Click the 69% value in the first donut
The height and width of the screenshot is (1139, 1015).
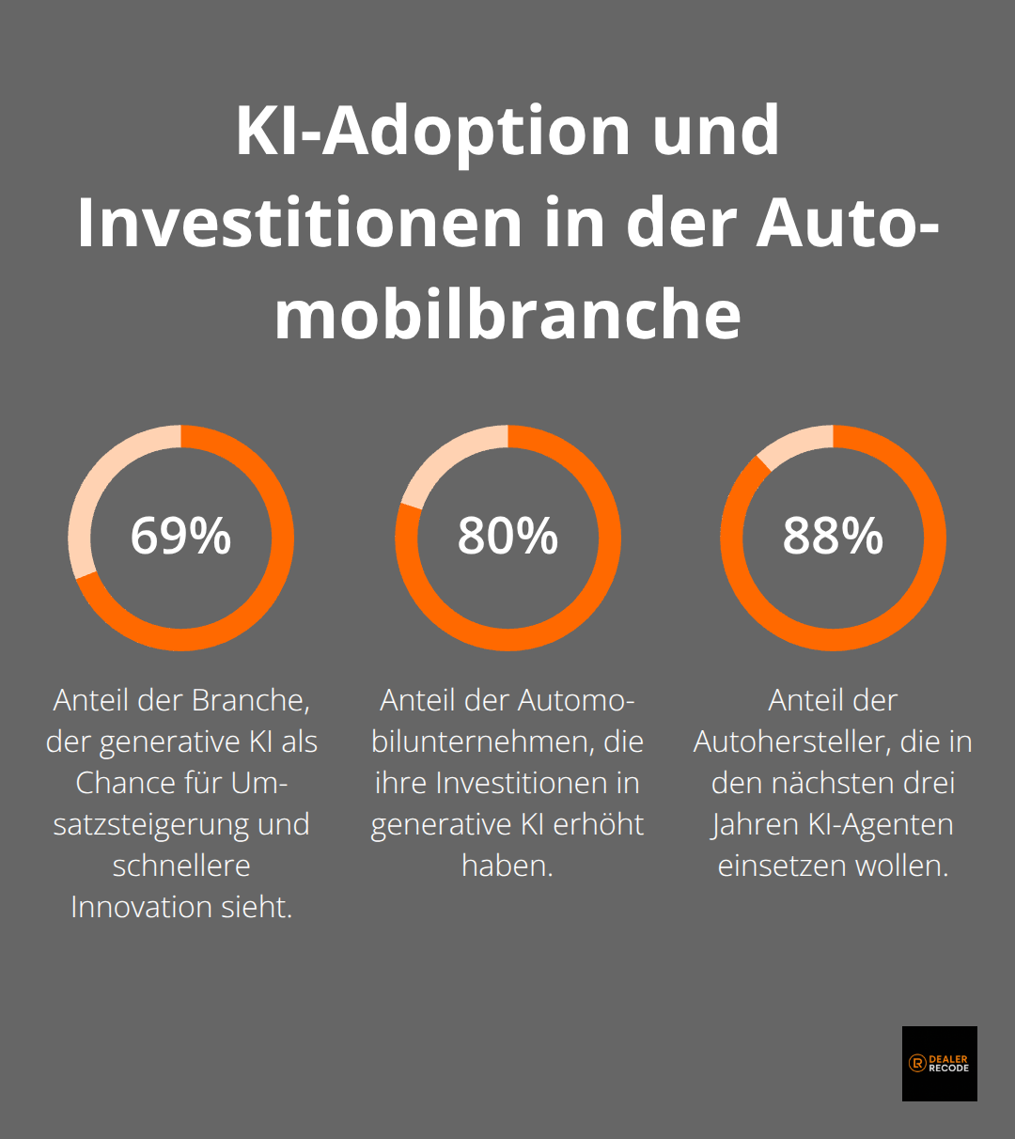coord(180,536)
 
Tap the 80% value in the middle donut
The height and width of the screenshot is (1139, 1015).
coord(507,536)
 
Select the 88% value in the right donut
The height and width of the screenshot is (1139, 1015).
coord(833,536)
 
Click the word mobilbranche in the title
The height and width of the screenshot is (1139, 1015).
coord(507,314)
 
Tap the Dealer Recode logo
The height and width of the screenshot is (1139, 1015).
coord(939,1063)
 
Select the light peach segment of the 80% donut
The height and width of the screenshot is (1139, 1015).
coord(442,460)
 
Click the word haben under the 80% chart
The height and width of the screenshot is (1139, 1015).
coord(507,866)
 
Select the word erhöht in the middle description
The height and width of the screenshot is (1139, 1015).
coord(598,824)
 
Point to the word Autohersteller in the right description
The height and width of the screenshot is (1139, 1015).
coord(792,741)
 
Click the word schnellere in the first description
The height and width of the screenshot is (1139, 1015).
coord(180,866)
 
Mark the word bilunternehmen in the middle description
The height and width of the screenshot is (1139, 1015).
coord(480,741)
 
